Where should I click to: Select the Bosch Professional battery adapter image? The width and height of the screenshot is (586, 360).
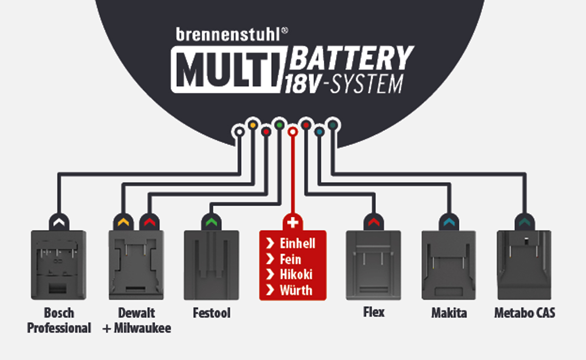click(x=59, y=265)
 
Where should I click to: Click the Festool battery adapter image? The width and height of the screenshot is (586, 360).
click(x=211, y=265)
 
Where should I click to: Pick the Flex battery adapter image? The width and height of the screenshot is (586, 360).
click(x=373, y=265)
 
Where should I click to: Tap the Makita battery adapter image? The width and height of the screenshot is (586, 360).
click(x=449, y=265)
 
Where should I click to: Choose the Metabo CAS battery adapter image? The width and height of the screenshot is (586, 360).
click(x=524, y=265)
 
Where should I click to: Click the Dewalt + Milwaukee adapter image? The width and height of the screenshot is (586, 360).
click(x=135, y=265)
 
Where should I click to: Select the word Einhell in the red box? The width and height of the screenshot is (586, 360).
click(x=297, y=243)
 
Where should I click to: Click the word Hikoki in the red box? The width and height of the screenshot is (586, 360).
click(x=296, y=275)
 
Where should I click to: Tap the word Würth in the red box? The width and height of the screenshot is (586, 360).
click(x=296, y=290)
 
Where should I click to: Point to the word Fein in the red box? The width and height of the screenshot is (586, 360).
click(x=291, y=259)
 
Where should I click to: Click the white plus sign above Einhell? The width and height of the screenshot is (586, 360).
click(x=293, y=223)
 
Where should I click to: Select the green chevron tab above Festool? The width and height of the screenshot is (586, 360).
click(x=211, y=222)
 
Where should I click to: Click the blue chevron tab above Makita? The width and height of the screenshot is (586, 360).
click(x=449, y=222)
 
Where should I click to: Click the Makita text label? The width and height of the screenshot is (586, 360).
click(x=449, y=313)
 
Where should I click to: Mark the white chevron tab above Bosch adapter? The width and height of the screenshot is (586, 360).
click(x=59, y=222)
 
